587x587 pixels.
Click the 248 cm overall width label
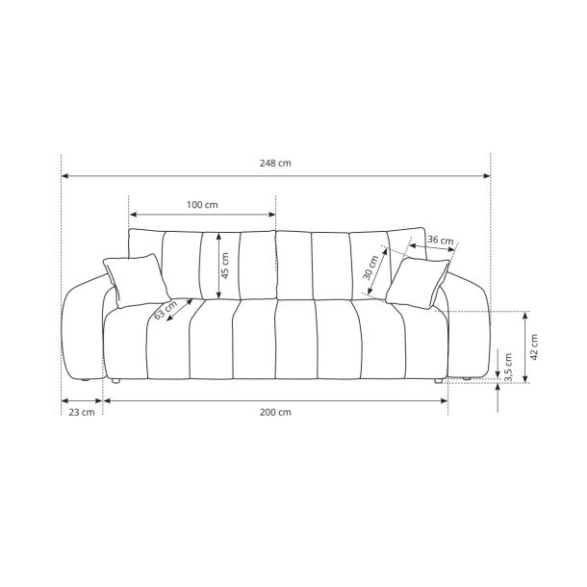click(x=275, y=164)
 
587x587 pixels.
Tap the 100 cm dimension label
click(x=202, y=205)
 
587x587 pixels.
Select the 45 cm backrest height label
click(x=224, y=266)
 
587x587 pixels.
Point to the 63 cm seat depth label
click(x=166, y=310)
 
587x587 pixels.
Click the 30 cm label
click(x=371, y=268)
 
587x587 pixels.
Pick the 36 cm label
click(x=441, y=240)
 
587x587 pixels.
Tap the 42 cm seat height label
click(x=534, y=347)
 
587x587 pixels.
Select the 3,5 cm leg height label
click(x=508, y=368)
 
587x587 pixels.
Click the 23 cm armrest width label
click(x=82, y=412)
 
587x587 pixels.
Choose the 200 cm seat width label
click(x=275, y=412)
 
